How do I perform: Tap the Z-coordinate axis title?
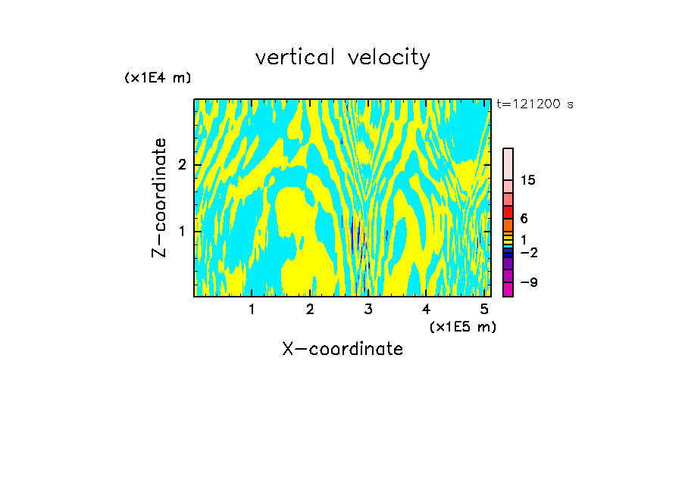[x=159, y=198]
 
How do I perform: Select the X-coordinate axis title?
[x=342, y=349]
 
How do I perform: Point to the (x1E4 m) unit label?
[x=158, y=78]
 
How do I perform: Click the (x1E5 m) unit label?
[x=462, y=326]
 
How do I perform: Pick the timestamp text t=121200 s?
[x=534, y=104]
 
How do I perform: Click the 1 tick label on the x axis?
[x=252, y=310]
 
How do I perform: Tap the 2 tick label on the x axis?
[x=310, y=310]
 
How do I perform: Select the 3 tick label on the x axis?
[x=368, y=310]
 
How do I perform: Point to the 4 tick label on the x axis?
[x=427, y=310]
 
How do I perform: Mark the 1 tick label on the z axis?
[x=182, y=230]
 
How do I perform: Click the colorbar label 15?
[x=528, y=180]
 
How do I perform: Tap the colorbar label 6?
[x=524, y=218]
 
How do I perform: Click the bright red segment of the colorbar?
[x=508, y=211]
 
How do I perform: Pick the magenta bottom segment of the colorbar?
[x=508, y=289]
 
